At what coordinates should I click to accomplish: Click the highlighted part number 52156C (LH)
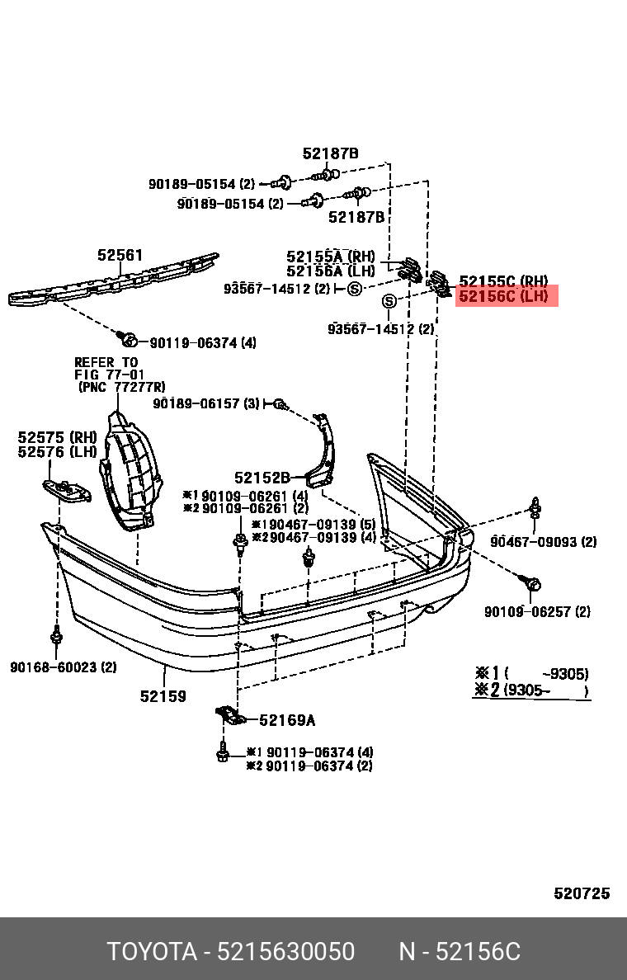click(503, 296)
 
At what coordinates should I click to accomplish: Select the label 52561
click(120, 256)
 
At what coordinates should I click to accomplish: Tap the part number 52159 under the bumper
click(163, 696)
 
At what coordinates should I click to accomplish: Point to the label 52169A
click(287, 720)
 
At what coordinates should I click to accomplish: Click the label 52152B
click(262, 478)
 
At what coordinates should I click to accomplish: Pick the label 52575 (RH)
click(57, 436)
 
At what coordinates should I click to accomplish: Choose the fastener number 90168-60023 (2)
click(64, 667)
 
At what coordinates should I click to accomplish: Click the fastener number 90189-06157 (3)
click(206, 403)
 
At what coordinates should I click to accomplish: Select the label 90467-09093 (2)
click(543, 542)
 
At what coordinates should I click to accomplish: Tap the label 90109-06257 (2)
click(537, 611)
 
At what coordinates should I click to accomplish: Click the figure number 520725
click(581, 893)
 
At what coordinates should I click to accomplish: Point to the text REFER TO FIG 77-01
click(107, 368)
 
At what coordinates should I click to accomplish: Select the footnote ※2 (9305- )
click(530, 690)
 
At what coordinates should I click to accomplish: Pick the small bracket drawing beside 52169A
click(230, 715)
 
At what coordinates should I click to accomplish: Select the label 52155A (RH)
click(330, 257)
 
